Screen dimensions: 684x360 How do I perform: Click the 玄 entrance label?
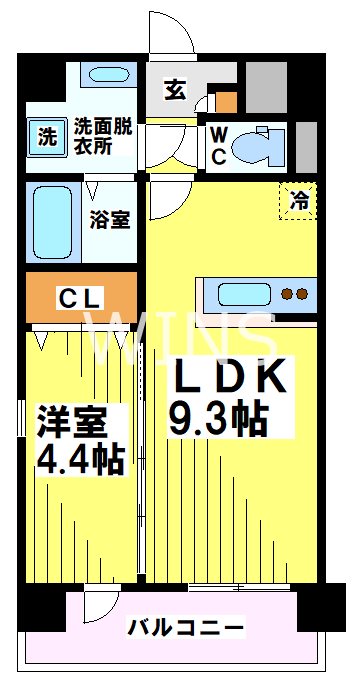[x=174, y=90]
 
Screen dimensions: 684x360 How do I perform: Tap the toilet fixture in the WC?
[x=262, y=143]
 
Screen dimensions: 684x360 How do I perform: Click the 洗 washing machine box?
[x=46, y=135]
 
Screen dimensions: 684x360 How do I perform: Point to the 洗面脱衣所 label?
[x=105, y=135]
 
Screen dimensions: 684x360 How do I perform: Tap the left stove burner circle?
[x=286, y=294]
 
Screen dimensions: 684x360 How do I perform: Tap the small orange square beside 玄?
[x=227, y=101]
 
